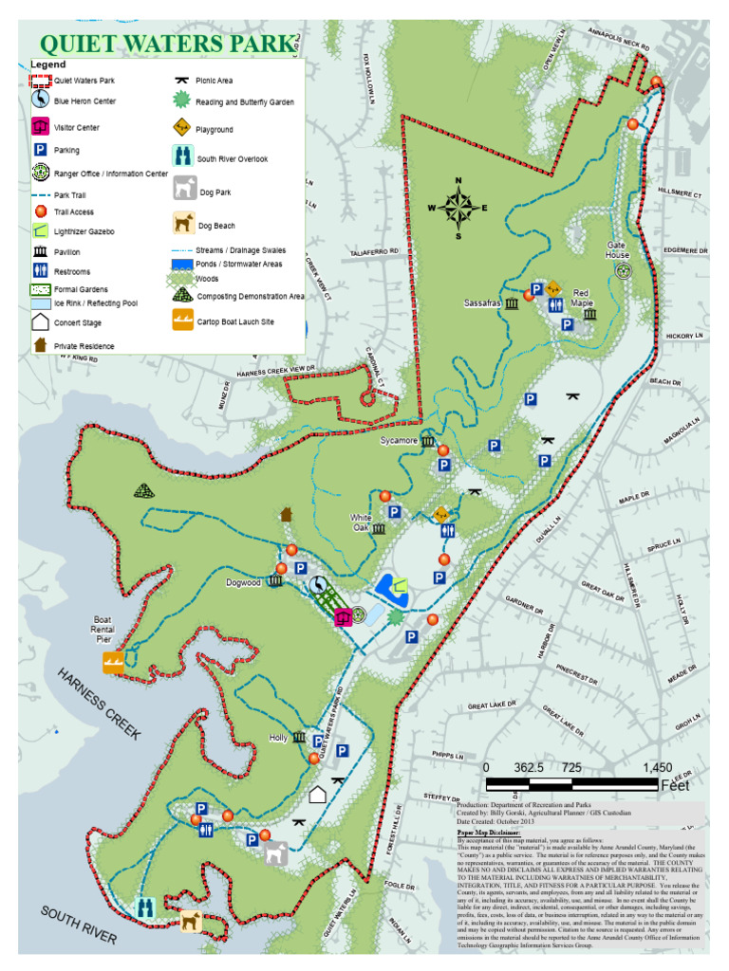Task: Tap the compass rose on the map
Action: click(458, 207)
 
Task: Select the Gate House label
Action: click(618, 250)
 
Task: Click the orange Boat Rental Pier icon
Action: click(113, 665)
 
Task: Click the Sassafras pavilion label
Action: click(481, 303)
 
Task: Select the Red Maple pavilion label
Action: click(582, 298)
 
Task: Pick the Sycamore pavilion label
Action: click(399, 441)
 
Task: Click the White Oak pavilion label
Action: click(361, 523)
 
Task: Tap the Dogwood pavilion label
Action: click(243, 583)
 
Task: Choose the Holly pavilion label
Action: click(278, 738)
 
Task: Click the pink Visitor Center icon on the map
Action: click(344, 617)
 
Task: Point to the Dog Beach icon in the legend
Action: click(183, 223)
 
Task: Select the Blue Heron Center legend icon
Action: click(41, 99)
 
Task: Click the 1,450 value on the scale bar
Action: click(657, 766)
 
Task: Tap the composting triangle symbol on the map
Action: click(143, 490)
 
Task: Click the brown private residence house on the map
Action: click(287, 514)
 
